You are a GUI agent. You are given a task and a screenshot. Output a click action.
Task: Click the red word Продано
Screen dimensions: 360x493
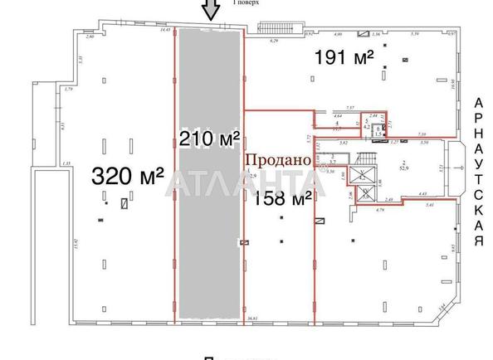276,158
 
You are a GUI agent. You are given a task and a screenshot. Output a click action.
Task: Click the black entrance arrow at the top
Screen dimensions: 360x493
211,10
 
